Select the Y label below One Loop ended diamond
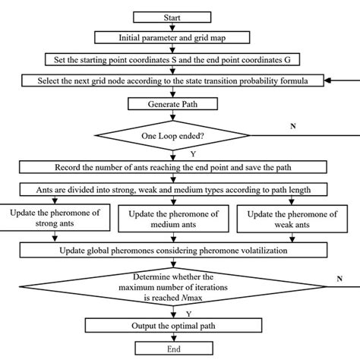point(183,155)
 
